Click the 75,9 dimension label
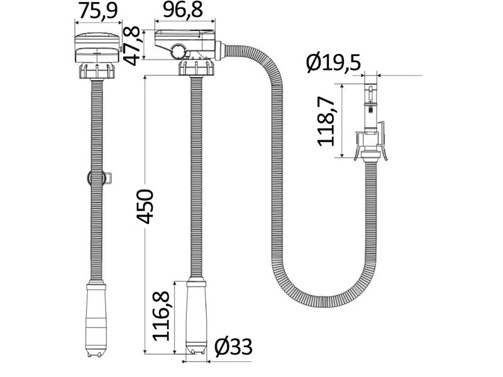point(99,11)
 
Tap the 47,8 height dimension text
point(132,45)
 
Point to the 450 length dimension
point(145,207)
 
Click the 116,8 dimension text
point(161,316)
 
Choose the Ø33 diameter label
point(233,347)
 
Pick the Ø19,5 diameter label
point(333,62)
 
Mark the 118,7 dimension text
point(326,121)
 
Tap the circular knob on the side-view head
point(177,52)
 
